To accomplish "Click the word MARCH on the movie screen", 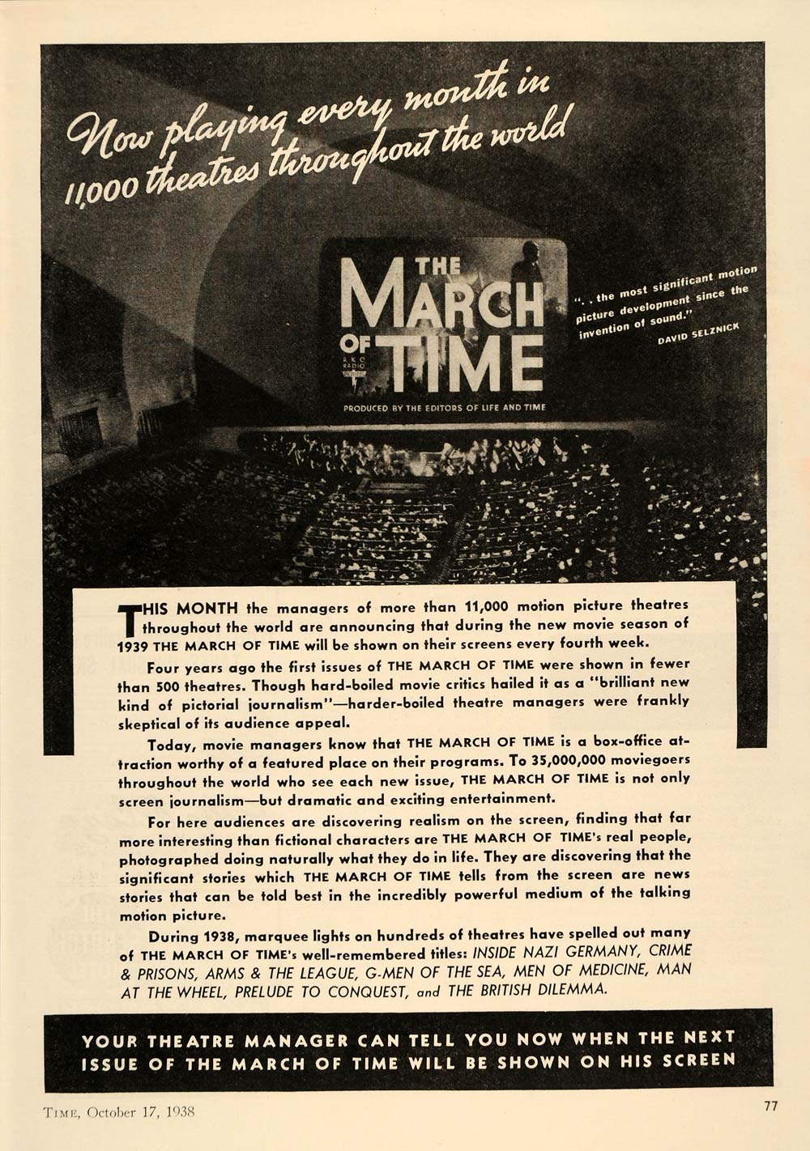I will (441, 300).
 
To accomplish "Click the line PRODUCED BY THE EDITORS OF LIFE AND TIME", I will (444, 407).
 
